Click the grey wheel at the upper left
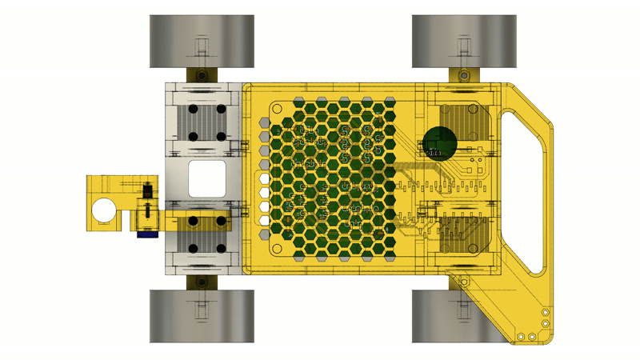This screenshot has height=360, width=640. [x=202, y=42]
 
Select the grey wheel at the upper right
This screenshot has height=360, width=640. [x=464, y=42]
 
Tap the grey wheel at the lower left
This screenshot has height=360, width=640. [x=202, y=316]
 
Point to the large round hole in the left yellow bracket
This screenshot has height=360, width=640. [x=102, y=210]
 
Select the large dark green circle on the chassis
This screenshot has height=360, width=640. [x=439, y=143]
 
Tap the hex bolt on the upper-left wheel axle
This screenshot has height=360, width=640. [x=202, y=75]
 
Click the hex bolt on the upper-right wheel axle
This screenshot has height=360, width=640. [x=464, y=75]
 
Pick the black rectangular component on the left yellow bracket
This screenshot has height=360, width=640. [x=148, y=192]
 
